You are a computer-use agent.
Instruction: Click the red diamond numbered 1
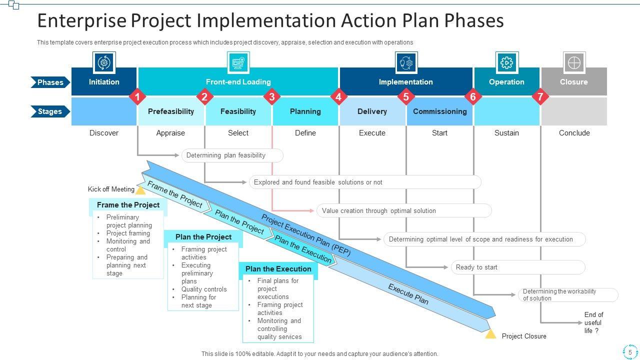[x=137, y=96]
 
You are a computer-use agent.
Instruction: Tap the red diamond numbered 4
[x=338, y=96]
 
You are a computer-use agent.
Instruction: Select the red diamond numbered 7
[x=540, y=96]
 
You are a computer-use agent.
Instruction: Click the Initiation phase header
[x=104, y=81]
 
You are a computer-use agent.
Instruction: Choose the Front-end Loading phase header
[x=238, y=81]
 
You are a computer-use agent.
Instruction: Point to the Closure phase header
[x=573, y=81]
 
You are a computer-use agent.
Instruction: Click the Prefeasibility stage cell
[x=170, y=111]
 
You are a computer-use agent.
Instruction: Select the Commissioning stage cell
[x=439, y=111]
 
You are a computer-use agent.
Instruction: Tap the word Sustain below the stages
[x=506, y=133]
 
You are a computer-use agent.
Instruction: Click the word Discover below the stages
[x=104, y=133]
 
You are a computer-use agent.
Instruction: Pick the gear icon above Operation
[x=506, y=62]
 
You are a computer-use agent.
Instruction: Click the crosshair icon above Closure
[x=574, y=62]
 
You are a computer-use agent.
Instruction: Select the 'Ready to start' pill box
[x=517, y=267]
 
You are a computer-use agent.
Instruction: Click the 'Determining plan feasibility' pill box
[x=232, y=155]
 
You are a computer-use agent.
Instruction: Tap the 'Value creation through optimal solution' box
[x=403, y=210]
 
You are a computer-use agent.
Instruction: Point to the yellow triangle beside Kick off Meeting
[x=141, y=190]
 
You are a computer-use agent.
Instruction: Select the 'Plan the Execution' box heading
[x=278, y=269]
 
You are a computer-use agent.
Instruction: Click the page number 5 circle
[x=630, y=352]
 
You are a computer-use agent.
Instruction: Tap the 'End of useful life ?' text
[x=593, y=322]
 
